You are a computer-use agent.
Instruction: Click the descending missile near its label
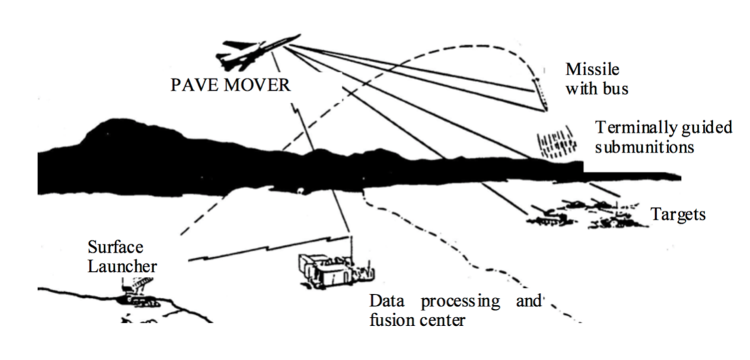click(x=539, y=92)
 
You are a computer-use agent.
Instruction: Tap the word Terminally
click(x=633, y=127)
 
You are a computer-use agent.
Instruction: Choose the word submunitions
click(x=644, y=147)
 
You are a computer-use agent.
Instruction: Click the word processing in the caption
click(x=460, y=302)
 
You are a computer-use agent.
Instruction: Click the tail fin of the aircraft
click(x=230, y=45)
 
